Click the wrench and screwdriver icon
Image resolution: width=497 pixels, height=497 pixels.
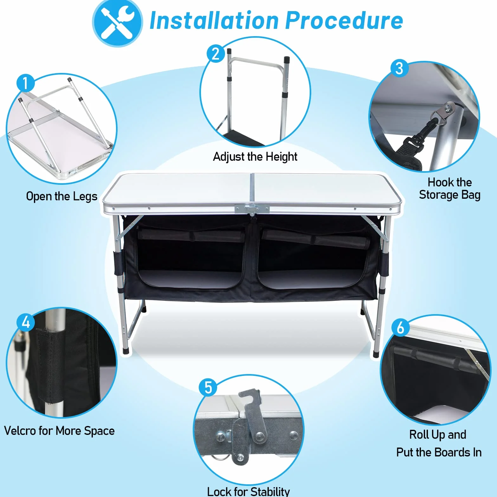point(117,23)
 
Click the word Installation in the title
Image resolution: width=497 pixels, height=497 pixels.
point(214,21)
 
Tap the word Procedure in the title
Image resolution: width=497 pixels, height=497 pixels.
point(344,21)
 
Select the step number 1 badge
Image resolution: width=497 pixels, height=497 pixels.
point(25,83)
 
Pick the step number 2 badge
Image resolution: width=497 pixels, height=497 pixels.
point(216,54)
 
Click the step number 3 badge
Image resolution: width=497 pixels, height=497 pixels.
point(399,68)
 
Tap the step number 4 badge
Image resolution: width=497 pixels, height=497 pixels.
point(26,322)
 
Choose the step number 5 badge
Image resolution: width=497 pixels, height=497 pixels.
point(208,387)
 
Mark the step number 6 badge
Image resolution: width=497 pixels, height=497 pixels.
point(400,327)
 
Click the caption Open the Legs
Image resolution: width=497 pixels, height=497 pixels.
point(62,196)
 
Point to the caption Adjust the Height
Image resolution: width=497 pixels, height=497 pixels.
point(255,157)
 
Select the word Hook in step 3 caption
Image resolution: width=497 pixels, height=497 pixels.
point(438,182)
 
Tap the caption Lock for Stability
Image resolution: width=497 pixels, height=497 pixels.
point(248,491)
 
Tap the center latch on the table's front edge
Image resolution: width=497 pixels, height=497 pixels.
point(252,209)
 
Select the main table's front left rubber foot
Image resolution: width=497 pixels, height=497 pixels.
point(126,351)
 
